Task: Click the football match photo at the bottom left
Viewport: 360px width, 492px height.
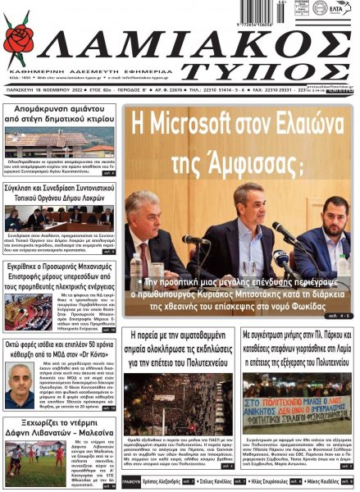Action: pyautogui.click(x=23, y=464)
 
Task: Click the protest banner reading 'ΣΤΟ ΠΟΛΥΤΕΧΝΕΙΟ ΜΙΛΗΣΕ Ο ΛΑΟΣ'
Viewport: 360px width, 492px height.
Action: pyautogui.click(x=294, y=411)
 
